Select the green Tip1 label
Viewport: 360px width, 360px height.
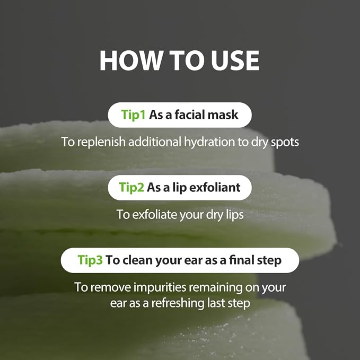click(x=134, y=115)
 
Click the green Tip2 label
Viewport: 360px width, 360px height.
click(x=131, y=187)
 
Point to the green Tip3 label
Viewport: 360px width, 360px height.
click(x=90, y=260)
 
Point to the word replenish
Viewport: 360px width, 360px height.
click(x=101, y=142)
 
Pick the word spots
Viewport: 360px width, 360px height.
click(x=285, y=142)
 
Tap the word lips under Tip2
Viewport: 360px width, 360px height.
click(x=234, y=215)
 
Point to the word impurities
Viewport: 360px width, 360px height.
click(x=160, y=287)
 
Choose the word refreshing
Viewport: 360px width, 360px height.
click(x=178, y=303)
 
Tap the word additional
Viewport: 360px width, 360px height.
click(x=155, y=142)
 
